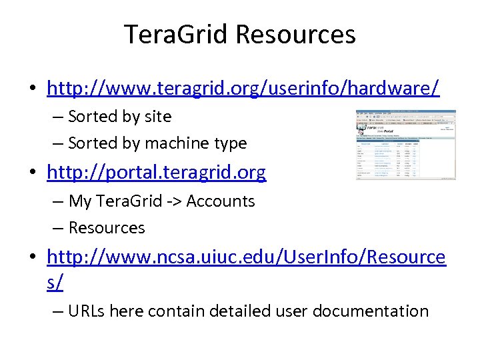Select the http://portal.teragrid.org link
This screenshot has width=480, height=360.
(156, 173)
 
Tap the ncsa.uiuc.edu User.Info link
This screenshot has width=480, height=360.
(245, 257)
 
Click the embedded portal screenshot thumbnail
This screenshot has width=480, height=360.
(405, 145)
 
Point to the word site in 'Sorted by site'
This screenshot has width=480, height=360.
(157, 117)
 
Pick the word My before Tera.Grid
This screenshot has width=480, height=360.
(80, 201)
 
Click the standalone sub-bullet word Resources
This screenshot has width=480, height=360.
(107, 228)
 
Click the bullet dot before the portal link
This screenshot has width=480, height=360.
(32, 173)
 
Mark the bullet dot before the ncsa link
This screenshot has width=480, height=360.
(32, 257)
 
